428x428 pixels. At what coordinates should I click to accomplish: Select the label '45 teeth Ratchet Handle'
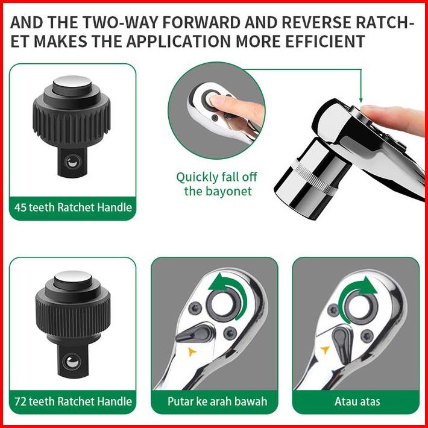point(73,207)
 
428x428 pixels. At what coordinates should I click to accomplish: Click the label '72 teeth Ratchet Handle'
point(73,401)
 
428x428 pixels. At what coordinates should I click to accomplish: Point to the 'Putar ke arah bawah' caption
point(217,401)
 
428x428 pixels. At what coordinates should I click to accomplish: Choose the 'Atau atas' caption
point(357,401)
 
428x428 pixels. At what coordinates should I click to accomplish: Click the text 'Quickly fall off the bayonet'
point(217,184)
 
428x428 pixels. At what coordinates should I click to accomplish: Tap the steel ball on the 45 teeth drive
point(72,162)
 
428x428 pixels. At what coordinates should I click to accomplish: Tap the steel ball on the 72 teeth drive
point(72,362)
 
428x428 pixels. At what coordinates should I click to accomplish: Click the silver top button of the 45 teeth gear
point(72,81)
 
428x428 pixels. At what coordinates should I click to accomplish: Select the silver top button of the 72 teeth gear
point(72,277)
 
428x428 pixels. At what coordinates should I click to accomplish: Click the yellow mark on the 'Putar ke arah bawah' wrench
point(192,352)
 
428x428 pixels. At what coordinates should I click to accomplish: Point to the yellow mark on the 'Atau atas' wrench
point(325,350)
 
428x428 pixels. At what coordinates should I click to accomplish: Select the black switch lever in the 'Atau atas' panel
point(343,344)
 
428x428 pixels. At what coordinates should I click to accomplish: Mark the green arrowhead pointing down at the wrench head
point(361,100)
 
